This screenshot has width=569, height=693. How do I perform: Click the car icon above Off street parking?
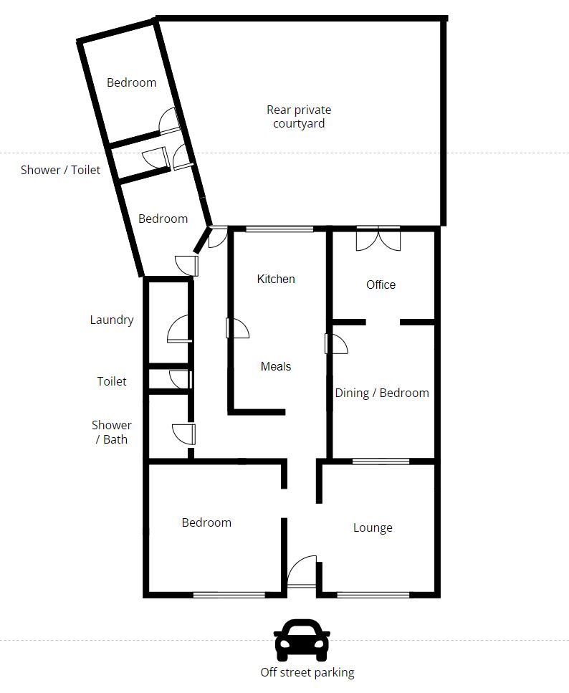(x=302, y=639)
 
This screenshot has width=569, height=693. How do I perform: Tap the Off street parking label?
(x=307, y=673)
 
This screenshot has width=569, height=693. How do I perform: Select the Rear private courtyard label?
(x=299, y=116)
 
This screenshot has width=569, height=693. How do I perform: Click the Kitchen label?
(x=276, y=279)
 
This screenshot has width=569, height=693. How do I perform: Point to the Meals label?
(x=276, y=366)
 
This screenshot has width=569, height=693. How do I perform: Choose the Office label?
(x=381, y=285)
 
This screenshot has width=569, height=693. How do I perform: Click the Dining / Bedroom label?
(x=382, y=393)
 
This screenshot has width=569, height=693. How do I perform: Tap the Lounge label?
(x=373, y=527)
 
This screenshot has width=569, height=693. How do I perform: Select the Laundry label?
(x=111, y=320)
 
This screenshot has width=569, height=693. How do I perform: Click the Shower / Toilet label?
(x=61, y=170)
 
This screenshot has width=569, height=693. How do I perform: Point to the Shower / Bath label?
(x=111, y=432)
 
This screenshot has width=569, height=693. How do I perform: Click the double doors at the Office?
(x=378, y=239)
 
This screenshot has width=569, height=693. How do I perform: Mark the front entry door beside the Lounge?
(x=302, y=571)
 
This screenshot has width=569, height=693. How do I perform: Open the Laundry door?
(x=179, y=329)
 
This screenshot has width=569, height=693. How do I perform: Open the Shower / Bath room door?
(x=183, y=434)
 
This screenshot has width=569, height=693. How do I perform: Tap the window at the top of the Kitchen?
(x=279, y=229)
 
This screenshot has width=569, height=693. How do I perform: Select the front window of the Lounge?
(x=373, y=595)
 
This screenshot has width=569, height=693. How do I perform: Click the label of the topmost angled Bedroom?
(x=131, y=82)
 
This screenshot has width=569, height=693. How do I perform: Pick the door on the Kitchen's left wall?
(x=237, y=328)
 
